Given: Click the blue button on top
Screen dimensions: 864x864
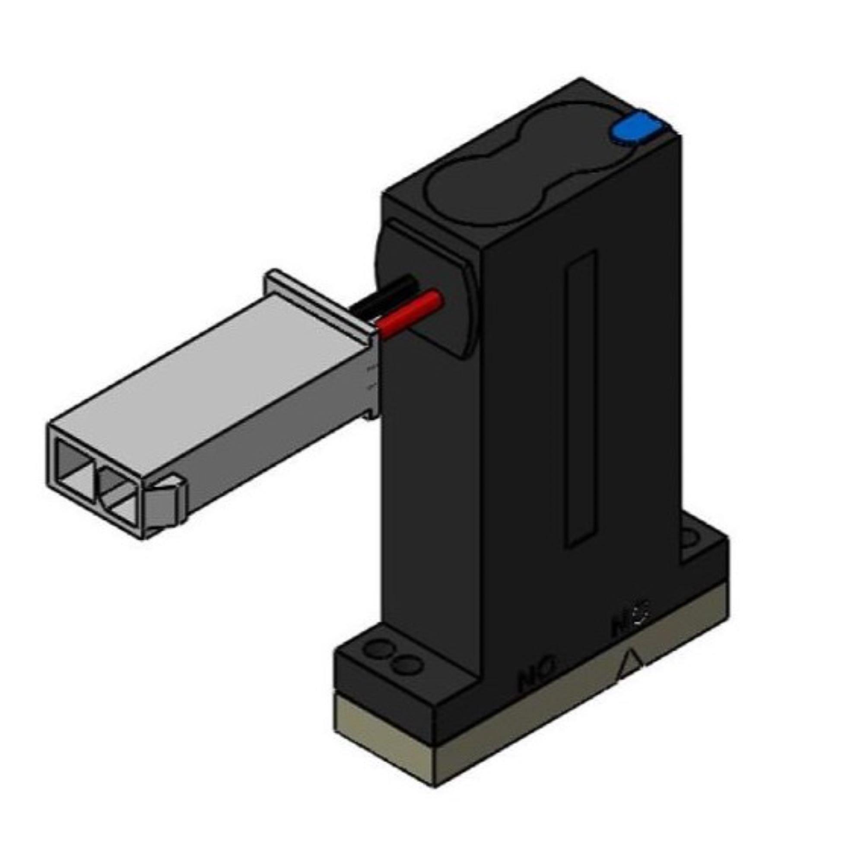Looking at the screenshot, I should coord(635,128).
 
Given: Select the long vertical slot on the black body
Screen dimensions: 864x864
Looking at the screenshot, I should coord(581,398).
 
